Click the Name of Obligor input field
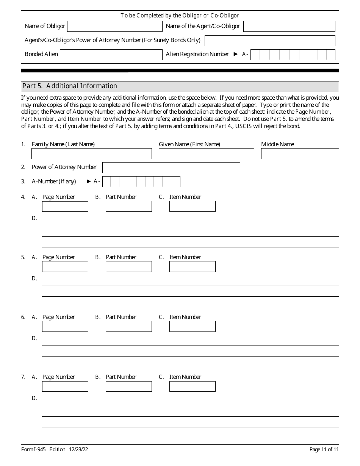114,26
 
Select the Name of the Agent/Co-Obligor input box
289,26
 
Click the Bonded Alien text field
111,55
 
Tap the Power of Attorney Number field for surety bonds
270,41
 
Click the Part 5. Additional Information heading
70,86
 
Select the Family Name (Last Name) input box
91,153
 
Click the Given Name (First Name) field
206,153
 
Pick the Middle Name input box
300,153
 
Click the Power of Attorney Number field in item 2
171,167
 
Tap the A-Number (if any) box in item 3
141,182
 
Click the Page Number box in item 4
65,206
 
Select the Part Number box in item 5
128,266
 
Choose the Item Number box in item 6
192,326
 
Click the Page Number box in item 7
65,386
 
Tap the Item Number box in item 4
192,206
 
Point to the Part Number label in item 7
121,377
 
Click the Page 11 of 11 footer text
324,449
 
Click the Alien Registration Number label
197,54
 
